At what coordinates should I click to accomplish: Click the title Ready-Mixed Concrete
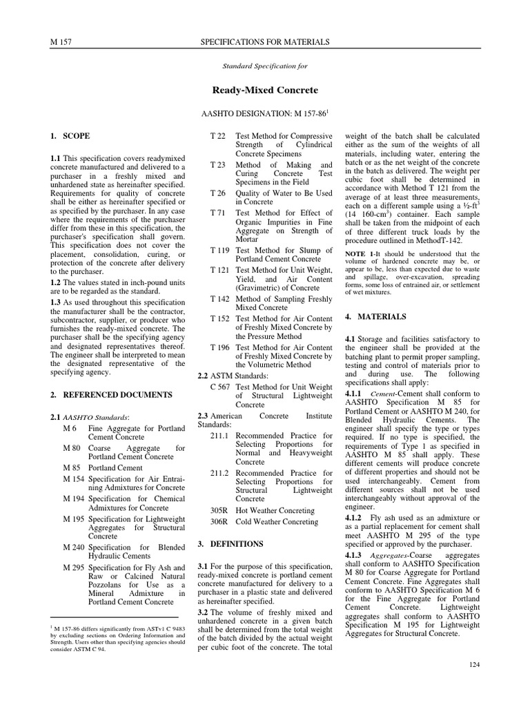pyautogui.click(x=264, y=90)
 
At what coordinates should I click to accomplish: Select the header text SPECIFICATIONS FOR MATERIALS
pyautogui.click(x=264, y=43)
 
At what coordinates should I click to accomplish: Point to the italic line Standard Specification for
pyautogui.click(x=264, y=66)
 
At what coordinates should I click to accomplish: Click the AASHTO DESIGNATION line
pyautogui.click(x=264, y=112)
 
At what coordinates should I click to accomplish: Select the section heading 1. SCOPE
pyautogui.click(x=70, y=137)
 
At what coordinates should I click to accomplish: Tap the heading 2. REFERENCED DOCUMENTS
pyautogui.click(x=110, y=394)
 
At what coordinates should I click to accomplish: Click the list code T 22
pyautogui.click(x=217, y=137)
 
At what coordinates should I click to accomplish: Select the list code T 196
pyautogui.click(x=219, y=348)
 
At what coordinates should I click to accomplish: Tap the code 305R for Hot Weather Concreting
pyautogui.click(x=219, y=510)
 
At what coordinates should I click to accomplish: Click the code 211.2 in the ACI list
pyautogui.click(x=221, y=472)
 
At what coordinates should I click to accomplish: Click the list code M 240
pyautogui.click(x=73, y=548)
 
